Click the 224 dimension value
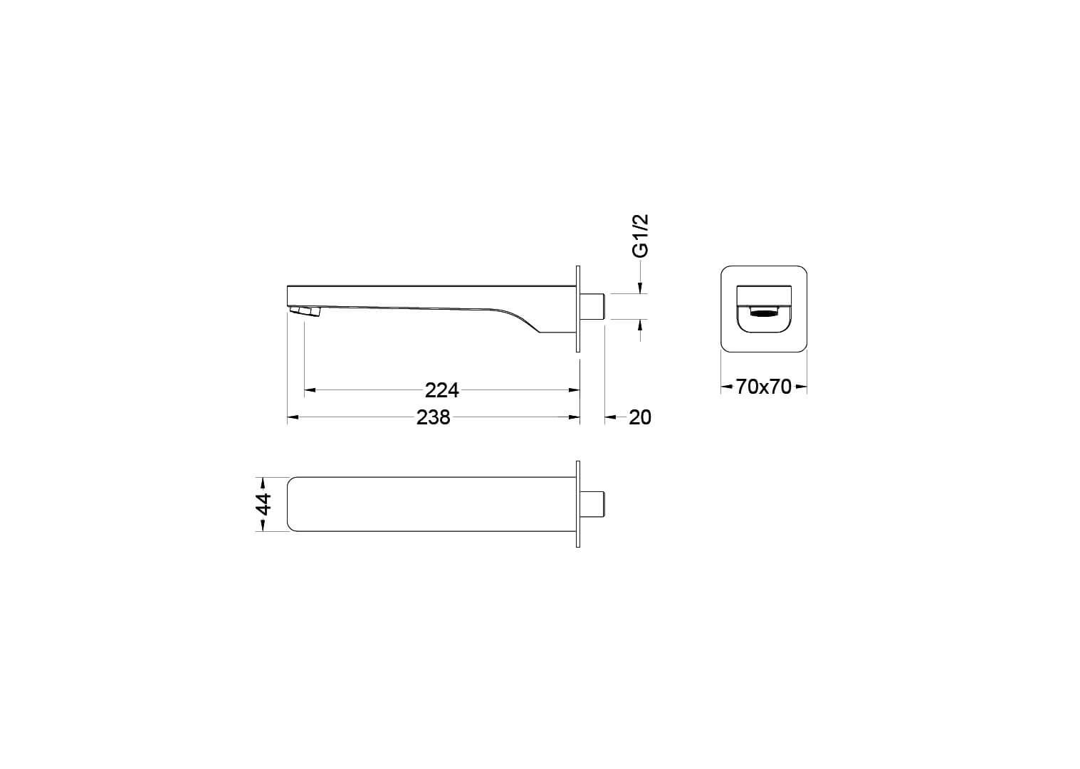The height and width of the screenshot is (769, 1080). tap(441, 390)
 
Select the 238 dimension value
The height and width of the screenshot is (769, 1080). tap(433, 417)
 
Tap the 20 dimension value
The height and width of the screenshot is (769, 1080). tap(640, 417)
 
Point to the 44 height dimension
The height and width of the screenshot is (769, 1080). tap(264, 504)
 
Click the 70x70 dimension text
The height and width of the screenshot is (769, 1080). tap(763, 387)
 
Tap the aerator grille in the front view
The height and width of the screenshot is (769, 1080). tap(765, 314)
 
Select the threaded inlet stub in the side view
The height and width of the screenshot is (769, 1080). tap(592, 306)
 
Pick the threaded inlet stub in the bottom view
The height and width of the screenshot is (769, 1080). tap(592, 504)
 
